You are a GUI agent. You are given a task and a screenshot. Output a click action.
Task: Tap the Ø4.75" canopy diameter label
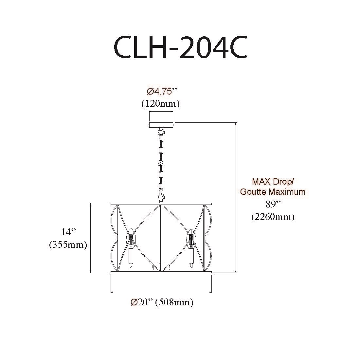[162, 92]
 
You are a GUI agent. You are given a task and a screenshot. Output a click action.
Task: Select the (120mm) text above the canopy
[160, 104]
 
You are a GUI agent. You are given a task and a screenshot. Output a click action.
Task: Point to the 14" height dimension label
[68, 232]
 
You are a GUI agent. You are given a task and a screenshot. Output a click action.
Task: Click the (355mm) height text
[68, 245]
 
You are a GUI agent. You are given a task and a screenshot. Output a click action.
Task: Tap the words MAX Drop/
[273, 182]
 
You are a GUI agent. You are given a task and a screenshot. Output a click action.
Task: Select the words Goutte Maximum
[273, 192]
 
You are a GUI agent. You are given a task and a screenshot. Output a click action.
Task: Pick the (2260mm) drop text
[273, 217]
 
